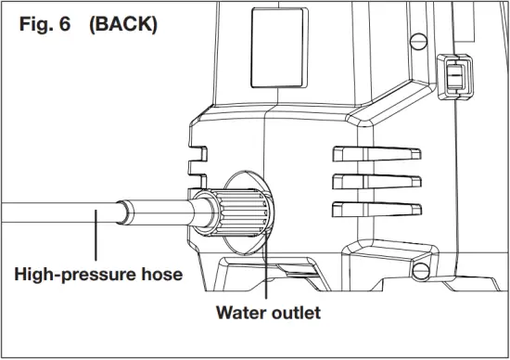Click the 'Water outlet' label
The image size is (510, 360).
pos(267,313)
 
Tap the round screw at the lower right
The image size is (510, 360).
pos(421,272)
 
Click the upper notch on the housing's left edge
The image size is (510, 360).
pos(195,140)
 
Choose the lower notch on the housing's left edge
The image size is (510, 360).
pos(195,171)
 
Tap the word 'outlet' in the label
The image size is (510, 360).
pos(296,313)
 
